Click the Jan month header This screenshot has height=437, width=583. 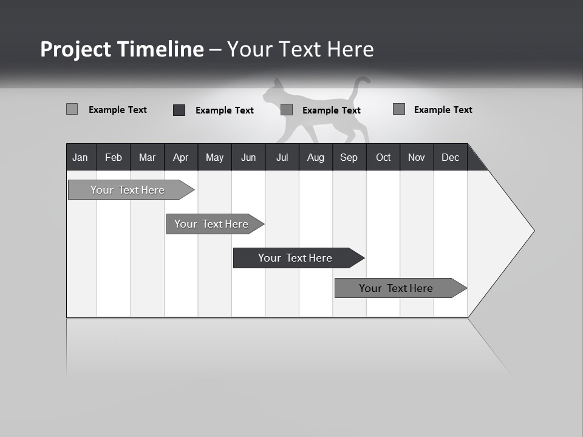(80, 157)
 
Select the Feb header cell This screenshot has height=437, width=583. (114, 157)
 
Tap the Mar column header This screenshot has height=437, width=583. (147, 157)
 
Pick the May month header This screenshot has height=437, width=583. (214, 157)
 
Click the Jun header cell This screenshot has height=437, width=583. (248, 157)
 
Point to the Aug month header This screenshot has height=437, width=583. (316, 157)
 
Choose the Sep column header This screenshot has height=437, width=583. (349, 157)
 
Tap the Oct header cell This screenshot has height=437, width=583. (383, 157)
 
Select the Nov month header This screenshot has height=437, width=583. (417, 157)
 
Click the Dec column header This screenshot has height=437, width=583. (451, 157)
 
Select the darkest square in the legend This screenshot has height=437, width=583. (179, 110)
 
